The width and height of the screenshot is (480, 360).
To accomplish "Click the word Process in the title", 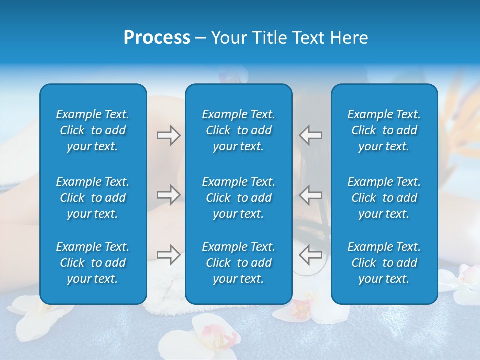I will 157,38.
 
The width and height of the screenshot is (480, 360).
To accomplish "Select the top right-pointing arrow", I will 168,135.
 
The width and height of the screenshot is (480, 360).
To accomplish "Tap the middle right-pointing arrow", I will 168,194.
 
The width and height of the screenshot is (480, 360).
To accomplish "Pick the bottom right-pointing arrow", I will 168,255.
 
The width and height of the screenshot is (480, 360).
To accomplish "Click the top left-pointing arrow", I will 310,135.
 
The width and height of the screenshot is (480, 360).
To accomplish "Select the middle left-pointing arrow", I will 310,194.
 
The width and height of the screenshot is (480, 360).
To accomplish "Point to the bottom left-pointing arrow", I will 310,255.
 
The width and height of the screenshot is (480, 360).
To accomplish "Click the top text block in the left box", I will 93,130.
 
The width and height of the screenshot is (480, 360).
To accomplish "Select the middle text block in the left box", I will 93,198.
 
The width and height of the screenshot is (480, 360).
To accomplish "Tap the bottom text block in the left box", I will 93,263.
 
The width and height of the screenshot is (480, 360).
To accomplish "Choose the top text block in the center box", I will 239,130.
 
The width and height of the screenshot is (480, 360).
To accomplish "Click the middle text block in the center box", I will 239,198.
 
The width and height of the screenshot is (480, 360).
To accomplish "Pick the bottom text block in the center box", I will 239,263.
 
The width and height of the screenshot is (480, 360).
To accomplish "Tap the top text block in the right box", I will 384,130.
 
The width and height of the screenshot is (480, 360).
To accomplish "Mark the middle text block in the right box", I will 384,198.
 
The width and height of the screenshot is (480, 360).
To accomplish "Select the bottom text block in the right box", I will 384,263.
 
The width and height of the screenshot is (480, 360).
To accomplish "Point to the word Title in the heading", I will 269,38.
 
